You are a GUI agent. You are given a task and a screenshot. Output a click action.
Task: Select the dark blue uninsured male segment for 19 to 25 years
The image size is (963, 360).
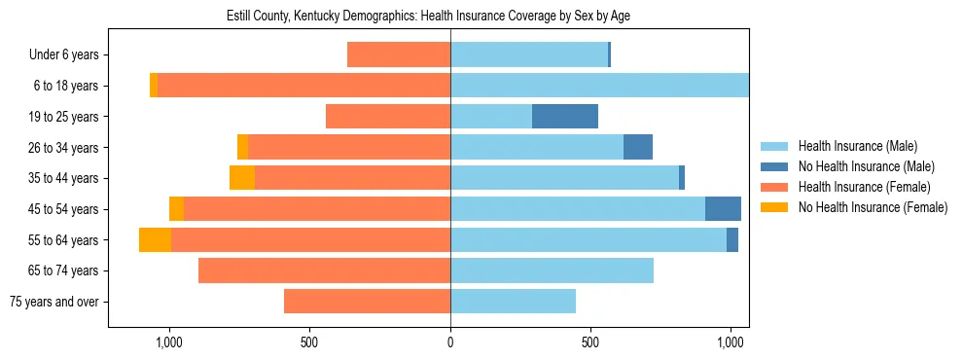pyautogui.click(x=565, y=117)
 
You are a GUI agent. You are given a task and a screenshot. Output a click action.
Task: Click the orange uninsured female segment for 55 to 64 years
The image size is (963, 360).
pyautogui.click(x=155, y=240)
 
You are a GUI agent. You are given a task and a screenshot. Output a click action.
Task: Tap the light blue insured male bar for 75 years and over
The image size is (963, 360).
pyautogui.click(x=513, y=302)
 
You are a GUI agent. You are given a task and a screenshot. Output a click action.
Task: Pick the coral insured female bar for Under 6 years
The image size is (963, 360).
pyautogui.click(x=399, y=55)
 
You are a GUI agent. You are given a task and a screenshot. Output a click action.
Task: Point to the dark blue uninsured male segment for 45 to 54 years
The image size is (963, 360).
pyautogui.click(x=723, y=209)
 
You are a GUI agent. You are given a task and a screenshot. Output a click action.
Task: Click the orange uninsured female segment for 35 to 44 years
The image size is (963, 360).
pyautogui.click(x=242, y=178)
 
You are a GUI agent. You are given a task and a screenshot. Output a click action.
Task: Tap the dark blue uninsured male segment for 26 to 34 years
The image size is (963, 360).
pyautogui.click(x=637, y=148)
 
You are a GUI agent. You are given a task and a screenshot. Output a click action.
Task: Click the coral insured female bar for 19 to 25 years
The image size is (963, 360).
pyautogui.click(x=388, y=117)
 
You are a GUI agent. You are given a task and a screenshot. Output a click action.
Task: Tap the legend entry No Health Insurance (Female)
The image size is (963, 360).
pyautogui.click(x=873, y=207)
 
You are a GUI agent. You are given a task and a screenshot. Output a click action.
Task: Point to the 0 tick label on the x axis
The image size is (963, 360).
pyautogui.click(x=450, y=342)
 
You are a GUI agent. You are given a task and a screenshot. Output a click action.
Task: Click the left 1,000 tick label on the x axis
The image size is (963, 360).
pyautogui.click(x=169, y=342)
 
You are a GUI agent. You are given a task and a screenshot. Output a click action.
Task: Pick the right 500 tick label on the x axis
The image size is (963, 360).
pyautogui.click(x=590, y=342)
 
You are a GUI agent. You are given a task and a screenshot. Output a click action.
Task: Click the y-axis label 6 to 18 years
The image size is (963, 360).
pyautogui.click(x=66, y=86)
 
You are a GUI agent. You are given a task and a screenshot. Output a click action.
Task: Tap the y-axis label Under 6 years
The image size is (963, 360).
pyautogui.click(x=64, y=55)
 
